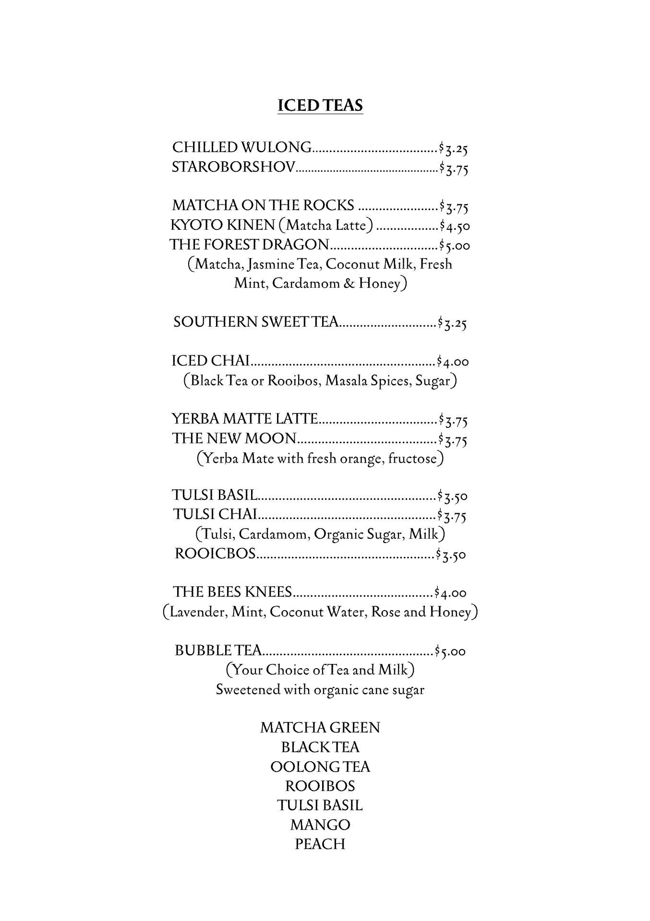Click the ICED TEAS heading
click(320, 105)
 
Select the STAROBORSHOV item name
click(234, 167)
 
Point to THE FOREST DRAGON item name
click(250, 245)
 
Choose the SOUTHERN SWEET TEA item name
click(256, 322)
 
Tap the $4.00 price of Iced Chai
click(453, 361)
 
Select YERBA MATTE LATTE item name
click(245, 419)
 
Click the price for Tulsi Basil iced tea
click(452, 496)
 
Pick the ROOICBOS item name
click(215, 554)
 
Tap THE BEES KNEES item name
click(233, 592)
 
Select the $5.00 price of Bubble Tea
click(450, 651)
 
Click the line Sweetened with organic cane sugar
click(320, 690)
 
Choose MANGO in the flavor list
click(320, 825)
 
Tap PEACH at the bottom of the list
click(320, 844)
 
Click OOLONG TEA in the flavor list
click(320, 767)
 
